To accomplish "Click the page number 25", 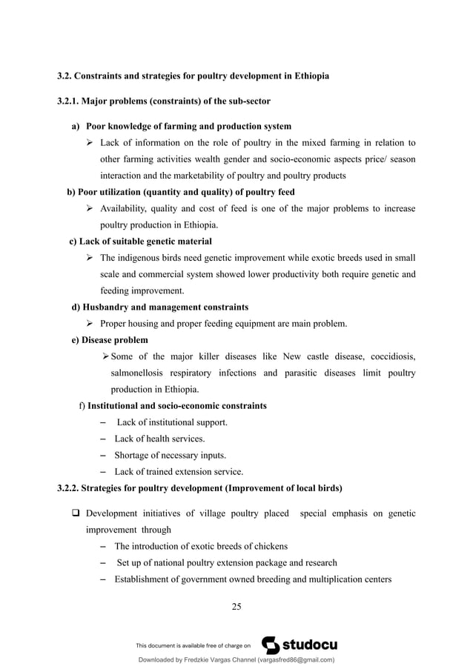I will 236,608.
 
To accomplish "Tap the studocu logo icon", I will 271,645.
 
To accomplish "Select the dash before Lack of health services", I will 102,439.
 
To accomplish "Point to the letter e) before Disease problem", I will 76,340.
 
